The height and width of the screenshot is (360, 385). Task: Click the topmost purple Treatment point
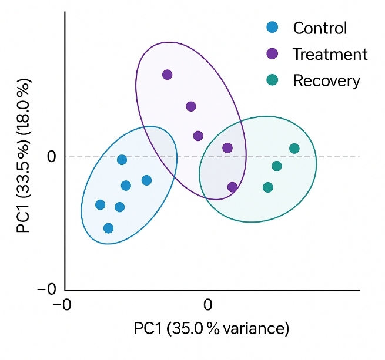[168, 75]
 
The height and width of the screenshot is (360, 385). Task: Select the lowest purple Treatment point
[232, 187]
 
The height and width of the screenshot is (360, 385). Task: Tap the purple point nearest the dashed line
[227, 148]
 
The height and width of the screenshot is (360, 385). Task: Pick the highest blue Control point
[122, 160]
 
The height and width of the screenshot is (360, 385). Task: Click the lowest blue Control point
[108, 228]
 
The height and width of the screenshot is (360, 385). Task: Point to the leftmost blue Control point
[100, 205]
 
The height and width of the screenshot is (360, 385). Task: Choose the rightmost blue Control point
[146, 180]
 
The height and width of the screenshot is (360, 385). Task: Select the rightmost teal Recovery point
[294, 149]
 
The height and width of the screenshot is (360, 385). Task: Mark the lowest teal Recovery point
[268, 187]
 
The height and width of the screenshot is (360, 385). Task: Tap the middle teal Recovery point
[277, 166]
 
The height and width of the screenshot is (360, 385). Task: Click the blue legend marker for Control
[272, 27]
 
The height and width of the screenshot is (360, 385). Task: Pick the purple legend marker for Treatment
[272, 53]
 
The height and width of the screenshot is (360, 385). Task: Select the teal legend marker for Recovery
[272, 80]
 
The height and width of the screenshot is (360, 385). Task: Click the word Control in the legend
[320, 28]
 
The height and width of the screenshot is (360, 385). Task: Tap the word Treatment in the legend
[330, 54]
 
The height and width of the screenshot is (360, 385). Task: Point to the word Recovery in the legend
[326, 80]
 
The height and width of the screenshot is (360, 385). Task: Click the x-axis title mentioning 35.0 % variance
[212, 328]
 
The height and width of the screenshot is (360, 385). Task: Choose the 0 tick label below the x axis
[207, 304]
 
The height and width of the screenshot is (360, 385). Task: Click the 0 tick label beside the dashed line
[52, 157]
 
